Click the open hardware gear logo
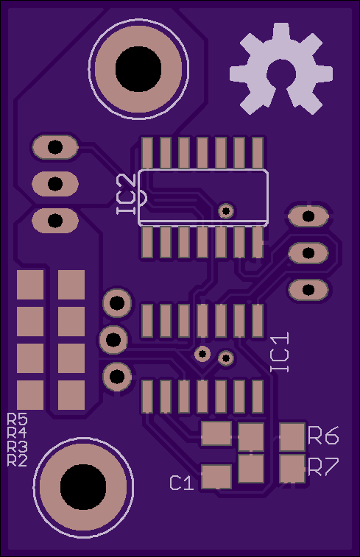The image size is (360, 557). tap(280, 68)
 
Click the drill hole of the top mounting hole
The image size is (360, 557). tap(138, 69)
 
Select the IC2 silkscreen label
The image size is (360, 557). tap(127, 194)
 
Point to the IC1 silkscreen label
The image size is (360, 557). tap(280, 352)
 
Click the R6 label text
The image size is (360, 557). tap(323, 436)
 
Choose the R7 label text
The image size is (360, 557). tap(323, 466)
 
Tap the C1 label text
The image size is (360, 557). tap(182, 483)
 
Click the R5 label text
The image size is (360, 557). tap(18, 419)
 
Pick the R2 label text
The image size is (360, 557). tap(18, 461)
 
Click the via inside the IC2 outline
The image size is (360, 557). tap(226, 211)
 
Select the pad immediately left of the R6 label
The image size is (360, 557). tap(292, 437)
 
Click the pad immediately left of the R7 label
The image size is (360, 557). tap(292, 469)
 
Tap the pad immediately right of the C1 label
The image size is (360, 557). tap(216, 477)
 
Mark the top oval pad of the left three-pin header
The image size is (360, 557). tap(55, 147)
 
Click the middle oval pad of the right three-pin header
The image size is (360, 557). tap(308, 253)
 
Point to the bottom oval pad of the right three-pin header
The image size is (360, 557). tap(308, 290)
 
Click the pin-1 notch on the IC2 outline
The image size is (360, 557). tap(142, 198)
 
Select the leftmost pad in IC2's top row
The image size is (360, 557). tap(147, 153)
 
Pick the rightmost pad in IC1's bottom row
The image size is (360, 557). tap(258, 397)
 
